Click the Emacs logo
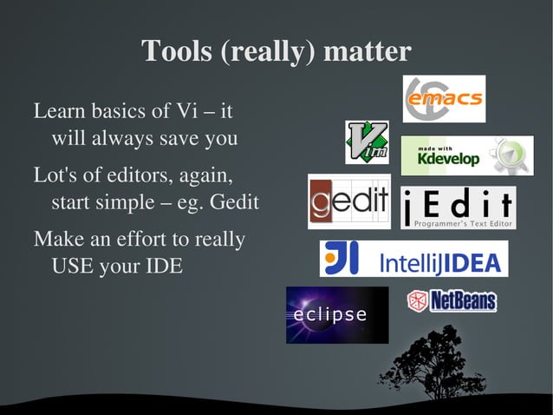click(444, 99)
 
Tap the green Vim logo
click(367, 142)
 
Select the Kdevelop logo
click(466, 155)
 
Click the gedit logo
click(348, 201)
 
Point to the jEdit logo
click(459, 208)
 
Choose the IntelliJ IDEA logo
click(413, 259)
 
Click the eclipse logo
click(337, 314)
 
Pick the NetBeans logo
click(452, 301)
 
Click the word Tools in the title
click(177, 51)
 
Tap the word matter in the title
click(367, 51)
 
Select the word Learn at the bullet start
click(56, 112)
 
